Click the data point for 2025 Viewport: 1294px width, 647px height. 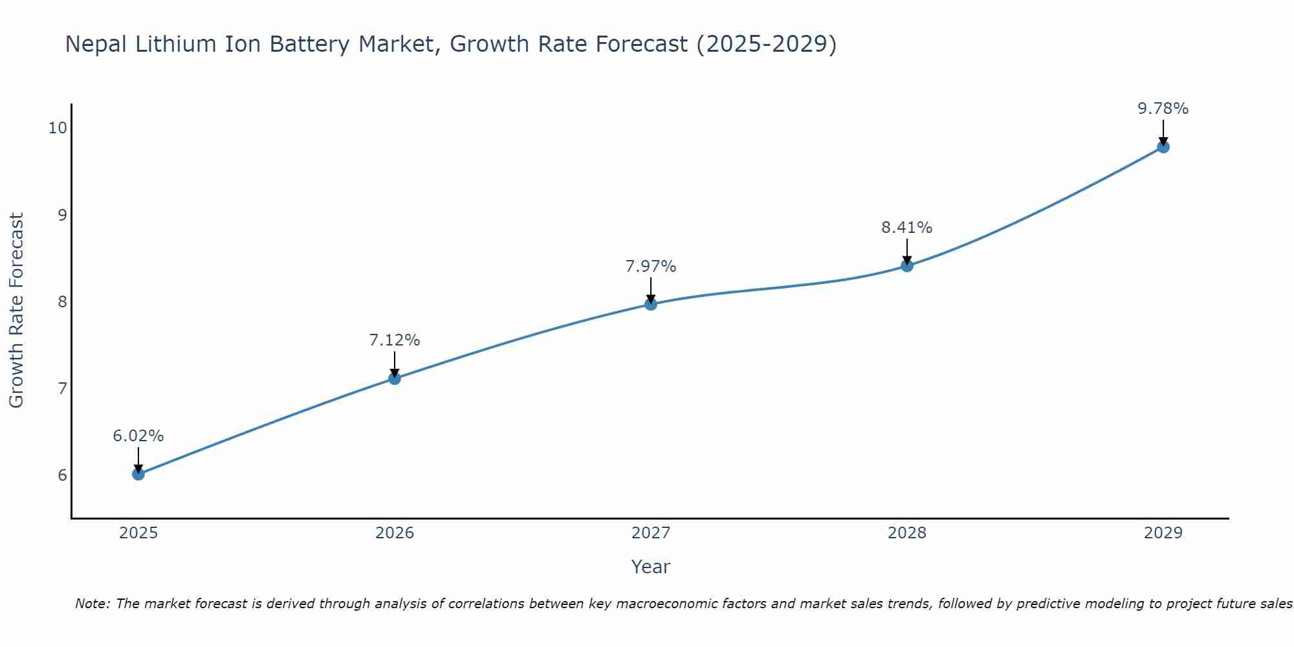(x=138, y=474)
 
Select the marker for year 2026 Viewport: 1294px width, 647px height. (x=395, y=378)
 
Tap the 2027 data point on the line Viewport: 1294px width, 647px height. (x=651, y=304)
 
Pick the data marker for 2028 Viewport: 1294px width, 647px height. (x=907, y=266)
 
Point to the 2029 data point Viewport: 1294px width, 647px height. (x=1163, y=147)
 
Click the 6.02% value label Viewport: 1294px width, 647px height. (x=138, y=436)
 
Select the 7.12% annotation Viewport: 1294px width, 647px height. (x=395, y=340)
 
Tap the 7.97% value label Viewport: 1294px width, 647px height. (x=651, y=267)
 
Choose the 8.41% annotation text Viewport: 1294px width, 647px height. (x=907, y=228)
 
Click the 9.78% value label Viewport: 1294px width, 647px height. (x=1163, y=109)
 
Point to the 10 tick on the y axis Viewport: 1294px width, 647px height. (x=58, y=127)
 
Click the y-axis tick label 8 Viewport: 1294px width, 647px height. (x=62, y=302)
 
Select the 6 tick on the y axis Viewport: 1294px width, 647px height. (x=62, y=476)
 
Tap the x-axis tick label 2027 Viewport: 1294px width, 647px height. (x=651, y=533)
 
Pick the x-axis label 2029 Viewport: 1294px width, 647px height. (x=1163, y=533)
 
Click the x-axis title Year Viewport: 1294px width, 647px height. (x=651, y=567)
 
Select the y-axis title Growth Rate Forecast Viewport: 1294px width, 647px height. (x=16, y=311)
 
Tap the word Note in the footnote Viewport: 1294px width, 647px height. (x=91, y=604)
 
